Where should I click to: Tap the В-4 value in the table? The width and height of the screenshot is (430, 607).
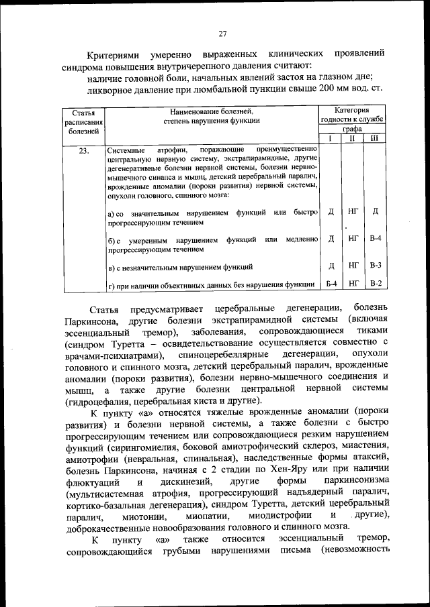click(376, 239)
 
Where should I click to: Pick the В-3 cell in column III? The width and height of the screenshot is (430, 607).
click(376, 265)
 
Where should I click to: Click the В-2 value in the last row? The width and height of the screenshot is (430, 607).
click(376, 284)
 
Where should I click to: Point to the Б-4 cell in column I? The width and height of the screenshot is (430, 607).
click(331, 284)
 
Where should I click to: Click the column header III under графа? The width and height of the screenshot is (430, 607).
click(375, 138)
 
